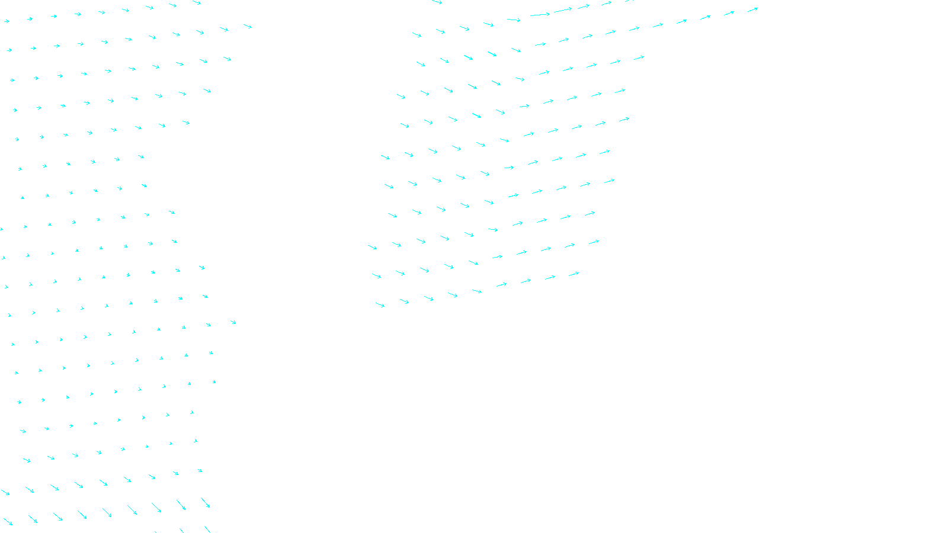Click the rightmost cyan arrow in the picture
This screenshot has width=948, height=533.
point(752,9)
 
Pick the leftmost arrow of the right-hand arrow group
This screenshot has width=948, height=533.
point(372,247)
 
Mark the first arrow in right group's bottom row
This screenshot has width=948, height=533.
point(380,305)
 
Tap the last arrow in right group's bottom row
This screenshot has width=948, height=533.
point(574,274)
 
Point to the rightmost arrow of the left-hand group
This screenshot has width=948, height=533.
point(248,26)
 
